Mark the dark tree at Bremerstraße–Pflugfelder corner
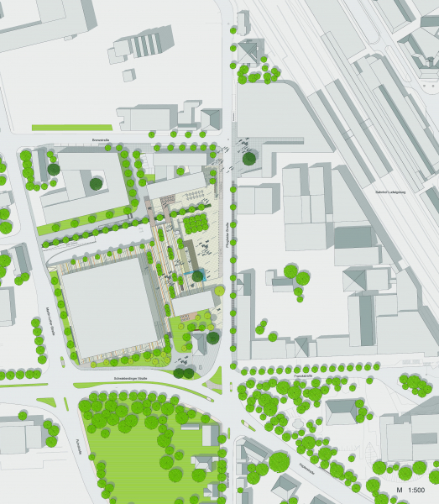point(248,157)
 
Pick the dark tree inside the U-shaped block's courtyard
point(97,182)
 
